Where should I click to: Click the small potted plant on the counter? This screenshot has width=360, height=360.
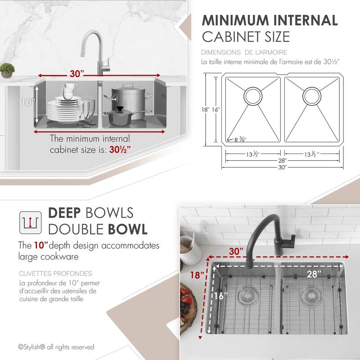tap(7, 70)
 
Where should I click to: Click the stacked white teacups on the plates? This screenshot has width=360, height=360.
tap(70, 90)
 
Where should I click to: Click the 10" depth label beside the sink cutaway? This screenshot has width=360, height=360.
tap(27, 102)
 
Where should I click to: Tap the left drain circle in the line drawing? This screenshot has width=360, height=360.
tap(252, 95)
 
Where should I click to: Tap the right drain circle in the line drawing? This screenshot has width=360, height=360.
tap(311, 95)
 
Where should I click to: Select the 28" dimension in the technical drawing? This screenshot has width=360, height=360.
tap(283, 160)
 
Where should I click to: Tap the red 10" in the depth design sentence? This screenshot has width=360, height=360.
tap(40, 246)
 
